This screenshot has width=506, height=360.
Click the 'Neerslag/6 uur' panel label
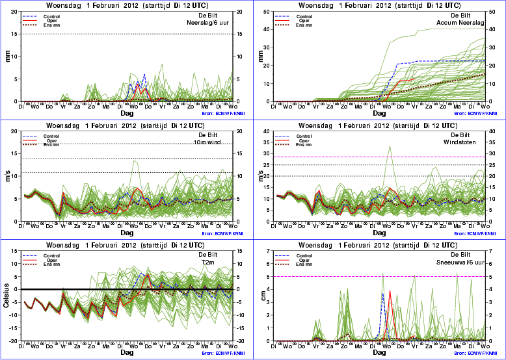pos(214,23)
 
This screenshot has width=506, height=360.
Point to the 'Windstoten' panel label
pos(469,142)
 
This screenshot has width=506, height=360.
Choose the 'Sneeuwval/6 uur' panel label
pos(466,262)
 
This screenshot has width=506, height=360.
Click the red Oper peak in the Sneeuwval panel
pos(390,290)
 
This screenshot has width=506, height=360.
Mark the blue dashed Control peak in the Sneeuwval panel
pos(382,294)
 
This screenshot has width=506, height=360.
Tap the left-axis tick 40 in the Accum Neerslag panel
pos(271,29)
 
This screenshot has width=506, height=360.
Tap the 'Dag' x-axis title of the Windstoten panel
pos(381,232)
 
